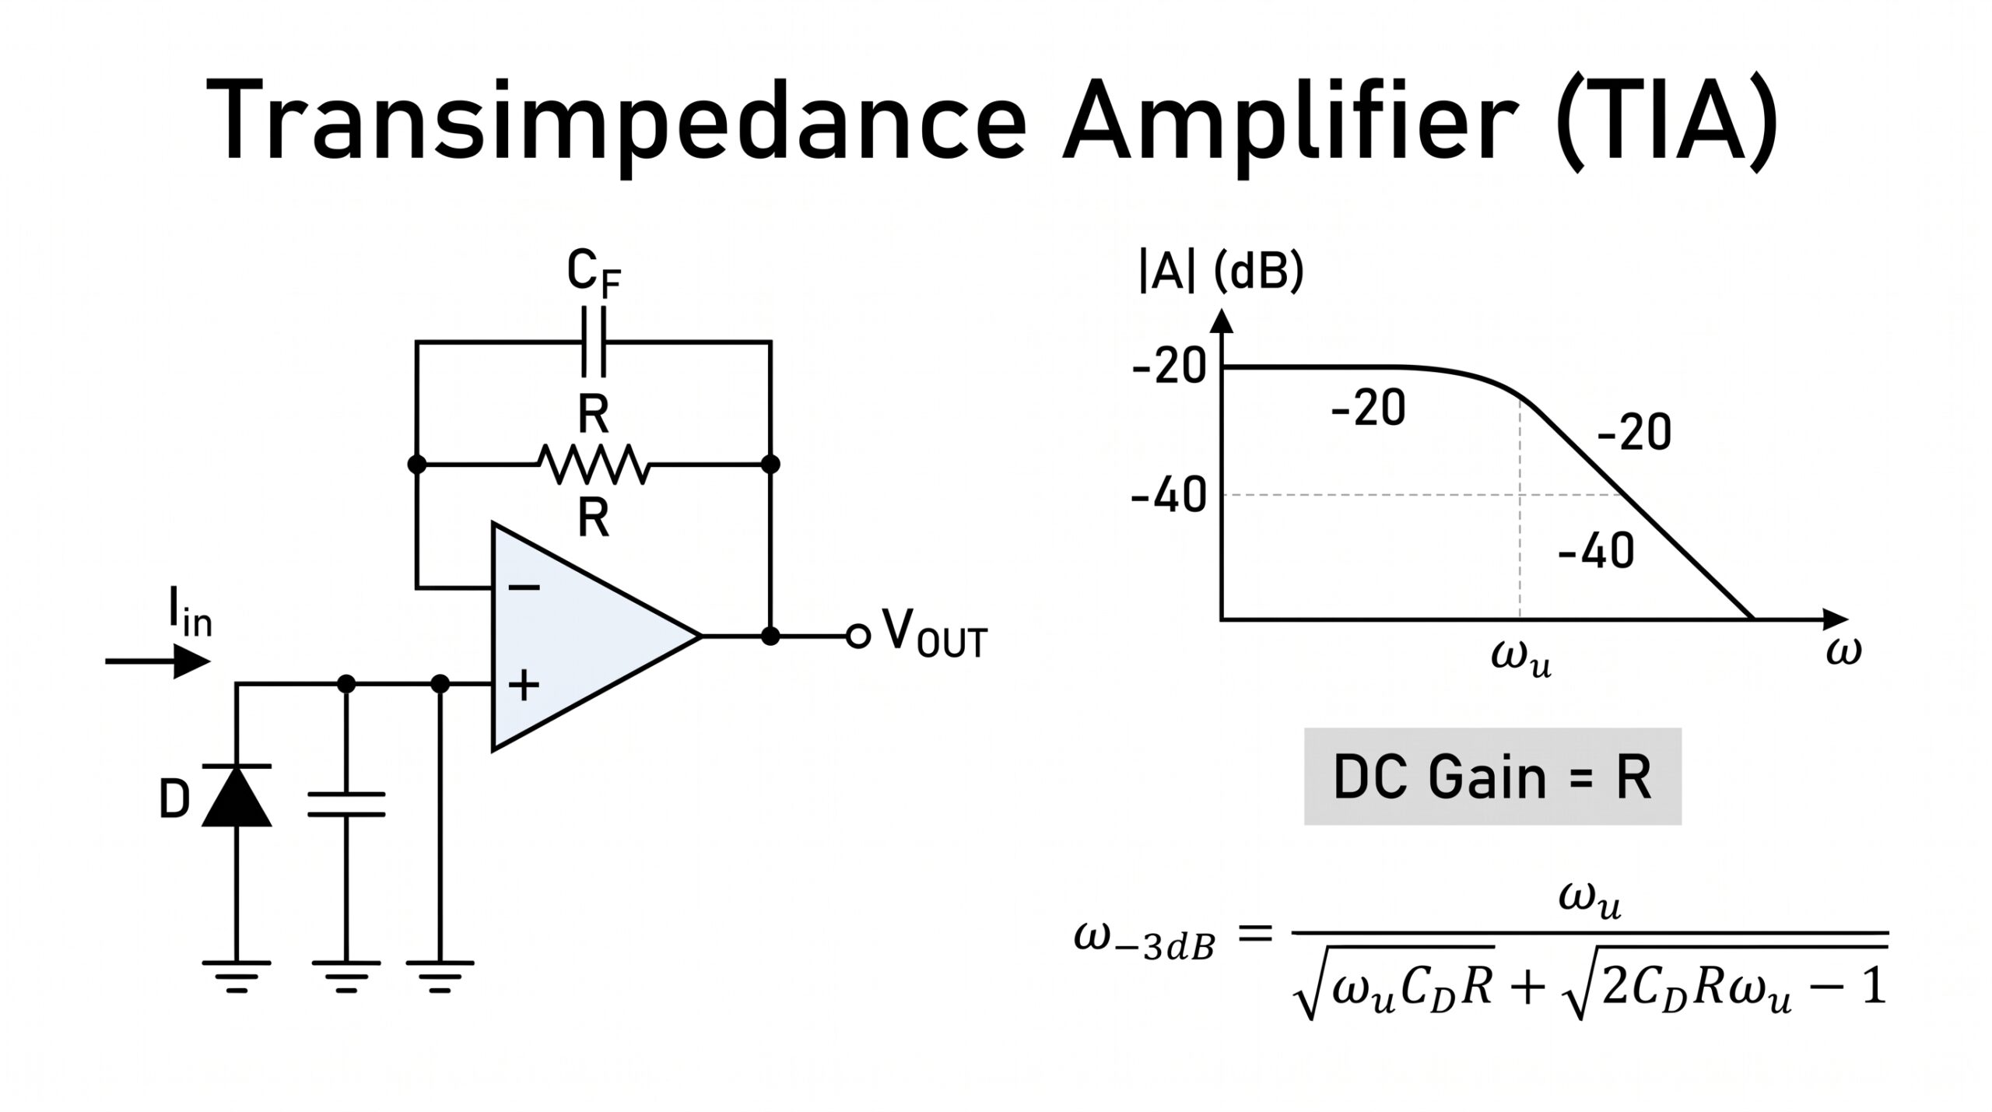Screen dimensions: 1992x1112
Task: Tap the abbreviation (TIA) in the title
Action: click(1666, 125)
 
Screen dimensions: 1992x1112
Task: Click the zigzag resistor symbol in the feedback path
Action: click(593, 465)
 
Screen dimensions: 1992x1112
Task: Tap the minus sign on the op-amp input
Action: click(524, 588)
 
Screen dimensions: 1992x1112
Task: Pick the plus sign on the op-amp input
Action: click(524, 685)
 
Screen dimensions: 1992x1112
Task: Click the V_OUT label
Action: click(935, 633)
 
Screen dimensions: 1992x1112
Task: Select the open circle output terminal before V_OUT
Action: click(857, 637)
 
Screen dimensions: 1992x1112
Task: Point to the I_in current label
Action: click(190, 612)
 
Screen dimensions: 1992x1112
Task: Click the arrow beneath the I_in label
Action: click(158, 662)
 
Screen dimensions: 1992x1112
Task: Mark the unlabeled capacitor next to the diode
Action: click(346, 804)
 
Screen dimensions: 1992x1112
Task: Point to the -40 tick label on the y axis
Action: click(1168, 496)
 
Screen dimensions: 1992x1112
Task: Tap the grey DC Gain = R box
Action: click(1492, 777)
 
